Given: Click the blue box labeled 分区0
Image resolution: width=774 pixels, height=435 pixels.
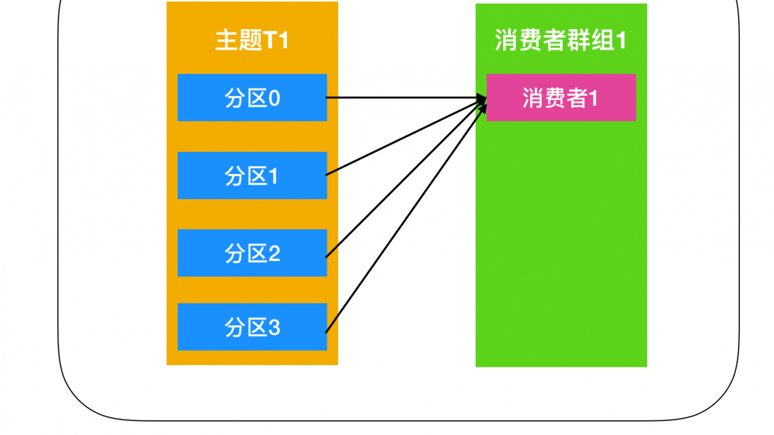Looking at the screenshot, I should (x=252, y=97).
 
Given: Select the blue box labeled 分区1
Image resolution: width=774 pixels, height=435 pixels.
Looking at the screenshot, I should (x=252, y=175).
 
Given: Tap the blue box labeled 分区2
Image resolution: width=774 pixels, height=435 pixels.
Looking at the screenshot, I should (x=252, y=253).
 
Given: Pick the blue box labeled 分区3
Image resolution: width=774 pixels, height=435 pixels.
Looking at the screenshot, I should (x=252, y=327).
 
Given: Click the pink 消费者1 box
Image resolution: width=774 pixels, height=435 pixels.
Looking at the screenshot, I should (x=561, y=97).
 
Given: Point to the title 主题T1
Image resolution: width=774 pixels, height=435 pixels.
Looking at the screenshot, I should (x=252, y=40).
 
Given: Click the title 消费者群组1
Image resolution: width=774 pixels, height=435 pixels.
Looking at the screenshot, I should (x=561, y=40).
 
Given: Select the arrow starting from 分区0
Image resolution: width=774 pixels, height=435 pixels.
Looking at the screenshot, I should (x=398, y=98).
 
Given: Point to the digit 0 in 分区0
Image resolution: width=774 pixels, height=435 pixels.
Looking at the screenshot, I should (x=274, y=100).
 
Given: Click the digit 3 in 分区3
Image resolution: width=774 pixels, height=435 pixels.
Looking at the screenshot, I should (x=274, y=328).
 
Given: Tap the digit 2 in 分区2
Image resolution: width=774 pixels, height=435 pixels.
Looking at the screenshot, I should (x=274, y=254).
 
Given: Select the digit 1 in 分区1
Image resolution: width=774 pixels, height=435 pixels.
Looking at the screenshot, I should (x=274, y=177).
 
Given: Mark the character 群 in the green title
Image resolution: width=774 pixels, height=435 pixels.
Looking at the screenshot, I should (x=582, y=40).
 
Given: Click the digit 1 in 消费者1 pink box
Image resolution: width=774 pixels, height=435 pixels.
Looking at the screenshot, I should (x=593, y=99).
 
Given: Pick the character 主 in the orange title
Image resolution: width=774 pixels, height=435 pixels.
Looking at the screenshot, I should (x=226, y=40).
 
